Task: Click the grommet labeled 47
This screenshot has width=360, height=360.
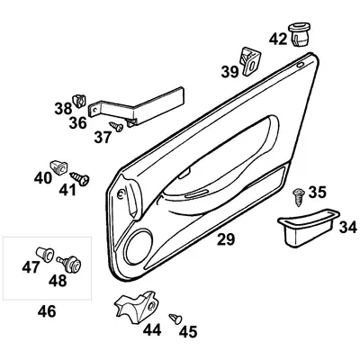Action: tap(42, 256)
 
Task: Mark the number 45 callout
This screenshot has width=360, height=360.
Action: tap(188, 333)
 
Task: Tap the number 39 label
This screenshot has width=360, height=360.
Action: tap(230, 73)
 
